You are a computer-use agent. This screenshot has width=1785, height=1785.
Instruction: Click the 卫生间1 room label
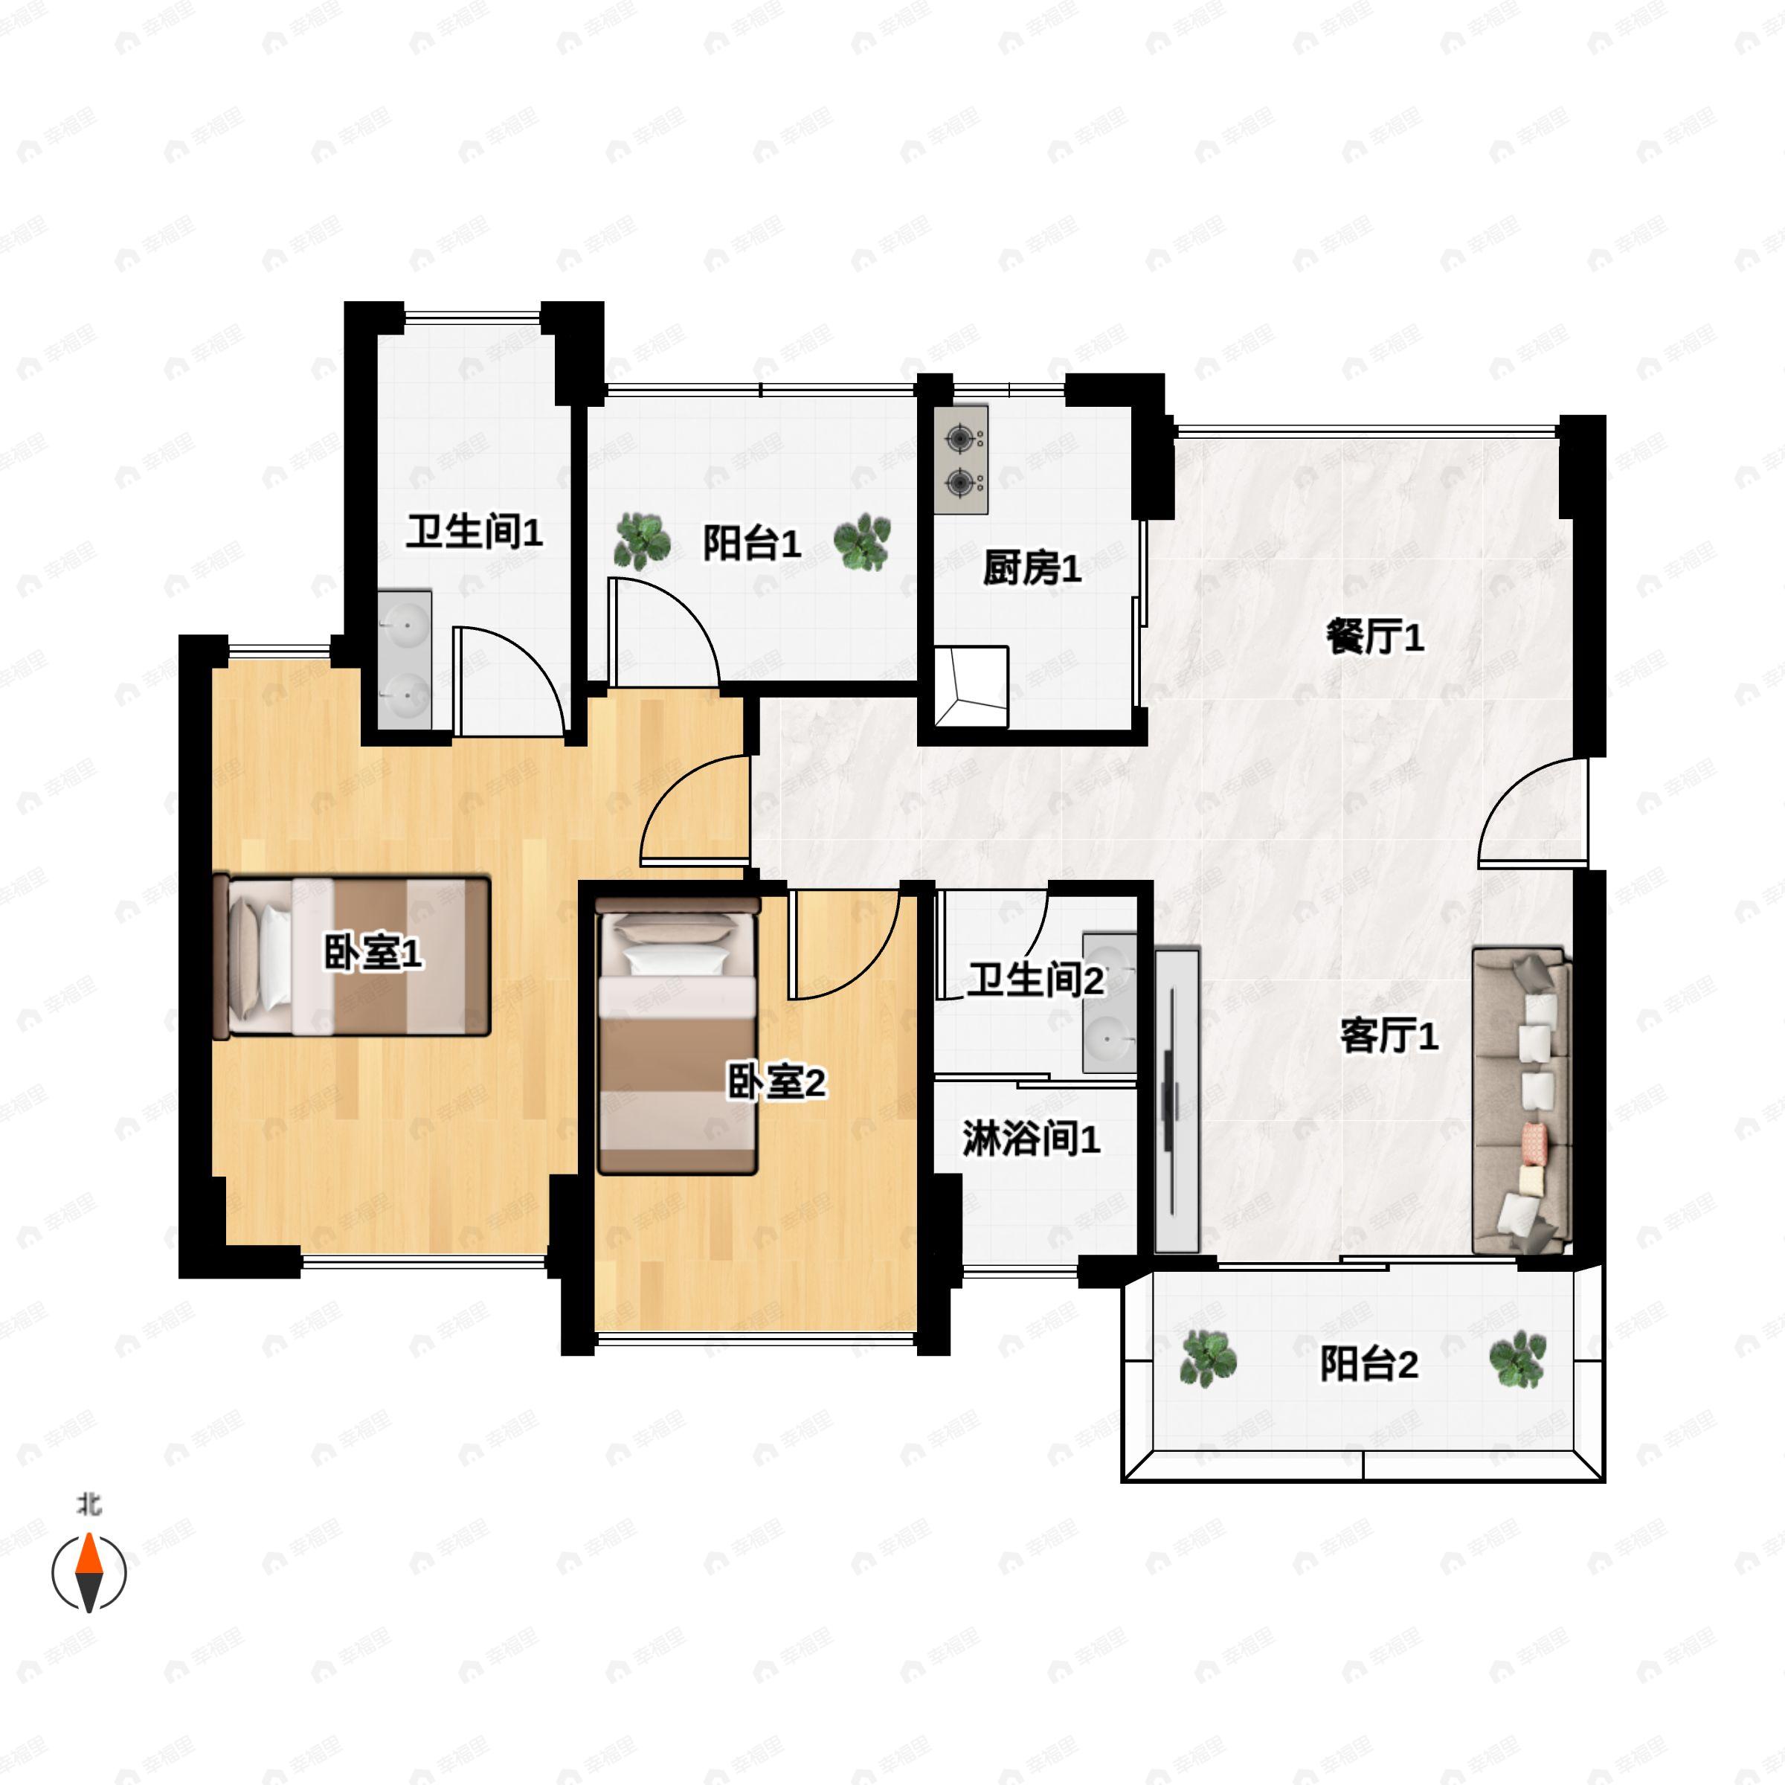pyautogui.click(x=474, y=533)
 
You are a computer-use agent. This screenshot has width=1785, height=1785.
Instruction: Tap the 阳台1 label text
pyautogui.click(x=751, y=542)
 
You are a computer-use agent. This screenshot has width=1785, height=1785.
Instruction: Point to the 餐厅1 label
pyautogui.click(x=1374, y=637)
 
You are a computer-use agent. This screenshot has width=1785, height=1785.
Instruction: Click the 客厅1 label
pyautogui.click(x=1389, y=1036)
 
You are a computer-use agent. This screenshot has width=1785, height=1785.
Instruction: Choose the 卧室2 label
pyautogui.click(x=776, y=1082)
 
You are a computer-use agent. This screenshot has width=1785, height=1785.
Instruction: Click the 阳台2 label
pyautogui.click(x=1368, y=1364)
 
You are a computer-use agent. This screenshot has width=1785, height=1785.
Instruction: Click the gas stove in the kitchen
pyautogui.click(x=961, y=459)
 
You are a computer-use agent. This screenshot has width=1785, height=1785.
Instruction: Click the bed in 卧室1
pyautogui.click(x=351, y=956)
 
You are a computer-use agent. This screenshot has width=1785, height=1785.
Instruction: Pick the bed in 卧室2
pyautogui.click(x=678, y=1035)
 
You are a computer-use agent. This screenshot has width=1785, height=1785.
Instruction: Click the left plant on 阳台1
pyautogui.click(x=642, y=541)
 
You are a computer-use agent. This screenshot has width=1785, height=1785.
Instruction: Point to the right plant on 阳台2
pyautogui.click(x=1517, y=1358)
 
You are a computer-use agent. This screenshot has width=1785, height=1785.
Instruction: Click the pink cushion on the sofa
pyautogui.click(x=1534, y=1145)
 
